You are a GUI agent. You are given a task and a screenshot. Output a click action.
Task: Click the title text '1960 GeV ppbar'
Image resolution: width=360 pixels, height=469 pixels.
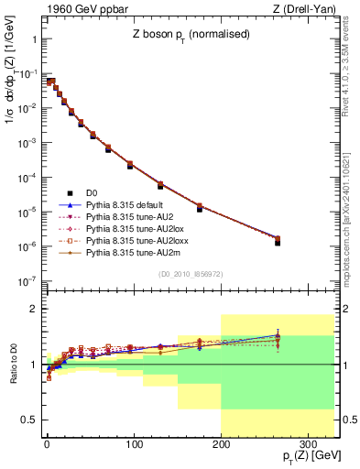coord(79,9)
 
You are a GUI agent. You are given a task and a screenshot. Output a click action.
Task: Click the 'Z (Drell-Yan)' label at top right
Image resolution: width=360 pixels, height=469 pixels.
coord(309,9)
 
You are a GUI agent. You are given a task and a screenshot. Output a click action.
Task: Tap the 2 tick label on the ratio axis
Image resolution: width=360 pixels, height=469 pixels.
coord(37,309)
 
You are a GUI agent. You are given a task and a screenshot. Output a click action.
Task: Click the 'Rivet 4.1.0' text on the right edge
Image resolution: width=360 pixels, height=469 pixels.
coord(349,82)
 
